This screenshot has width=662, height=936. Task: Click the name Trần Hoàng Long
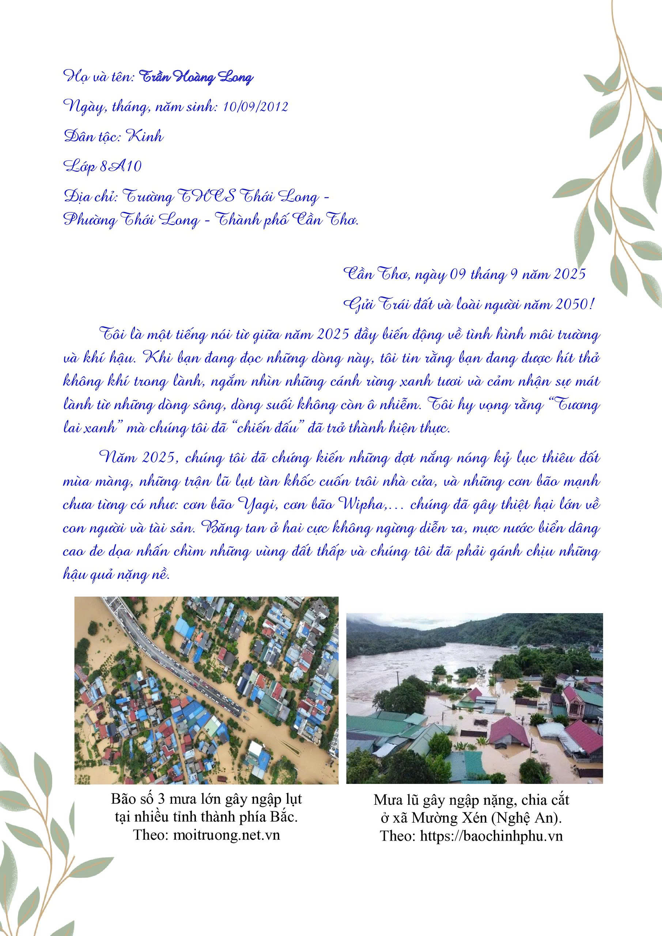[x=196, y=78]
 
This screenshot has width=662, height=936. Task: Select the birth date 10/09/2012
[x=254, y=107]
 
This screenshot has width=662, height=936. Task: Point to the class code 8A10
[x=121, y=167]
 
